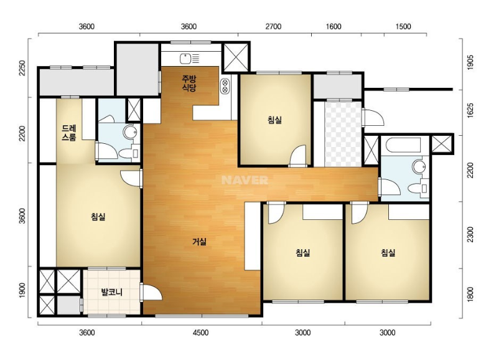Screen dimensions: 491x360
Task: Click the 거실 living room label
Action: (199, 242)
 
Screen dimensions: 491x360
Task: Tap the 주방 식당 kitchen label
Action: (189, 83)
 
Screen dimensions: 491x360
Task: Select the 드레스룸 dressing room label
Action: (69, 133)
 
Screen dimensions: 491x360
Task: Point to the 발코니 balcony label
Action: (111, 293)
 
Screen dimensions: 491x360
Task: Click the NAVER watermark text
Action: (245, 180)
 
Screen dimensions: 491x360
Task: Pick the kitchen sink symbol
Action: (189, 59)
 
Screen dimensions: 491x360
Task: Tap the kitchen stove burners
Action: (225, 86)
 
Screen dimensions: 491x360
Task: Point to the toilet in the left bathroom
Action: (129, 153)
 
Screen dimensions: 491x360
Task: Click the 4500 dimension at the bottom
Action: (200, 333)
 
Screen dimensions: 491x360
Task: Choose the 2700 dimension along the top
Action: (273, 26)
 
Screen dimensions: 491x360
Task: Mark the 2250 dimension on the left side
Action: (22, 69)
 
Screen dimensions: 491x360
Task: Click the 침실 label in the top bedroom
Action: (274, 120)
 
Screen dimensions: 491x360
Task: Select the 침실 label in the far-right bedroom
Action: (388, 252)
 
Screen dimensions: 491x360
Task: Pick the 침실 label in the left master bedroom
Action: (98, 217)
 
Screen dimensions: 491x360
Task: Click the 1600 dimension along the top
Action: (334, 26)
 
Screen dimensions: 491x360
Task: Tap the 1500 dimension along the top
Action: (403, 26)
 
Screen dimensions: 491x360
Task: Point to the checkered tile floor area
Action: (343, 134)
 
